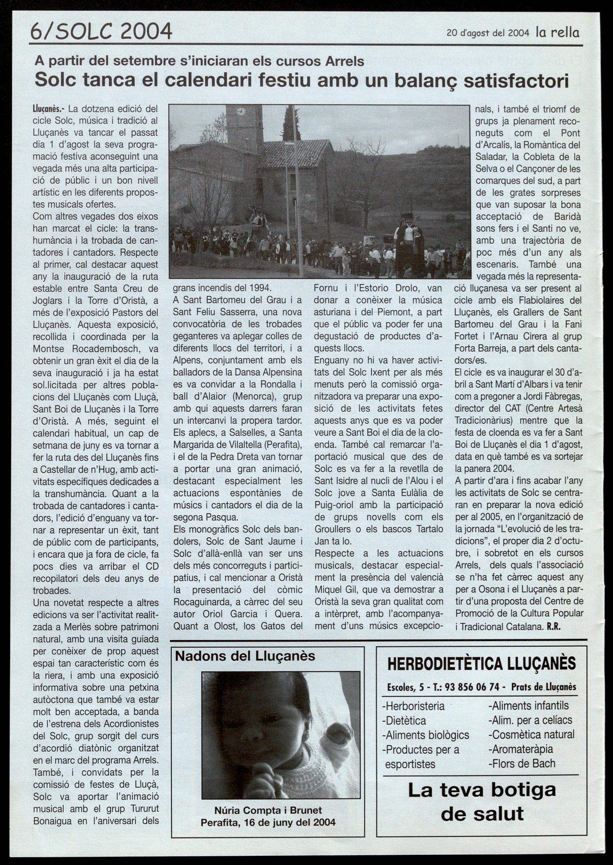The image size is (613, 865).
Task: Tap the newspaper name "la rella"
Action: (557, 33)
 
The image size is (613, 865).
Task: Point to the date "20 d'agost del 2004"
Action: (487, 33)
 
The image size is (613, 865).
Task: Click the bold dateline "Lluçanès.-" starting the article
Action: (49, 109)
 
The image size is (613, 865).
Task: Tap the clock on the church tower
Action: (241, 112)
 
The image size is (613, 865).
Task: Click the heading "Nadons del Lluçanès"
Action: (245, 656)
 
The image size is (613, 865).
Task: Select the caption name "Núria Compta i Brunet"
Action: (268, 810)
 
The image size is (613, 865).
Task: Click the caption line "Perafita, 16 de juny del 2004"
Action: (268, 822)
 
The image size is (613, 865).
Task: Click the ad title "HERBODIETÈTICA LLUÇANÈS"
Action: (482, 664)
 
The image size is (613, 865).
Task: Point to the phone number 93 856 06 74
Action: (472, 687)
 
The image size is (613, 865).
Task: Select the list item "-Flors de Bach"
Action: (522, 763)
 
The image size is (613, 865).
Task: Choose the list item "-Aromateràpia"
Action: (521, 749)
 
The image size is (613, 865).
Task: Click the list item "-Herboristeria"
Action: (413, 706)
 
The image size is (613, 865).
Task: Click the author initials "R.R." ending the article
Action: (554, 626)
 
